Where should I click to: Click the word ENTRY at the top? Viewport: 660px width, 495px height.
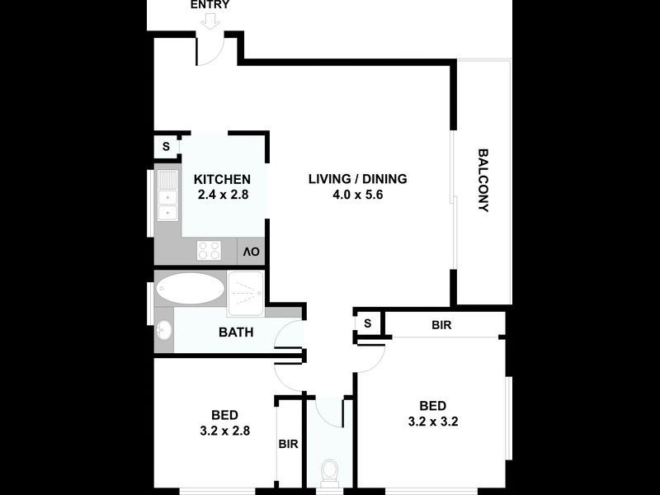click(210, 5)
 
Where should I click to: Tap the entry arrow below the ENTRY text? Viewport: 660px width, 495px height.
click(210, 21)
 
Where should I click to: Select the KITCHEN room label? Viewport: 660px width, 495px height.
click(221, 179)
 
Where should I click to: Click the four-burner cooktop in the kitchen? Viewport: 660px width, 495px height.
click(210, 250)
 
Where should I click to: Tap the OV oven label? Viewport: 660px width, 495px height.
click(252, 251)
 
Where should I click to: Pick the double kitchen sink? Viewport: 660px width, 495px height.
click(167, 196)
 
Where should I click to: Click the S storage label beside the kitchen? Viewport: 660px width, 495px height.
click(166, 147)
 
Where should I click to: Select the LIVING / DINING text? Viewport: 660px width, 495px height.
click(357, 179)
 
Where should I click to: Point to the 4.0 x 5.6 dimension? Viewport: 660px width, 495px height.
click(357, 196)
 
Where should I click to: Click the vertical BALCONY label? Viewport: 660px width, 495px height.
click(483, 180)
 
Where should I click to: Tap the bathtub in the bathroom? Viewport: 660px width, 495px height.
click(191, 289)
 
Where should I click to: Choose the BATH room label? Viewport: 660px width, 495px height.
click(235, 333)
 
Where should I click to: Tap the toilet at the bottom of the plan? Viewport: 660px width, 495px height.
click(330, 473)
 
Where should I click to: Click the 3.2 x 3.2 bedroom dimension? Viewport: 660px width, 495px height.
click(432, 421)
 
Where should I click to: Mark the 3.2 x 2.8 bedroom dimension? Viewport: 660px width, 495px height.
click(224, 430)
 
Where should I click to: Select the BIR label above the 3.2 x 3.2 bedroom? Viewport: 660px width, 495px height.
click(441, 325)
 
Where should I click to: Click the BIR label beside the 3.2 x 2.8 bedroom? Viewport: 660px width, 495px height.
click(288, 444)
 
